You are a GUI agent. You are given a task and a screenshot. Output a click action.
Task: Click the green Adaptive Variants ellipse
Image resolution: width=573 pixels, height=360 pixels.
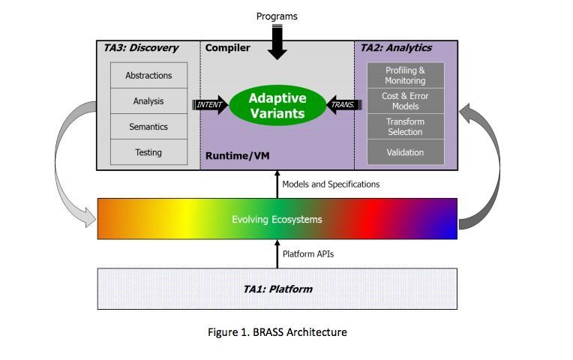tap(277, 106)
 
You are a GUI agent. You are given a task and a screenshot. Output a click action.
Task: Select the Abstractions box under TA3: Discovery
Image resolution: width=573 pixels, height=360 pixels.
tap(148, 76)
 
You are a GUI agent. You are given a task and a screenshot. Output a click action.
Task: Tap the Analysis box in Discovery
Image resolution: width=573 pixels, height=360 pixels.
tap(148, 101)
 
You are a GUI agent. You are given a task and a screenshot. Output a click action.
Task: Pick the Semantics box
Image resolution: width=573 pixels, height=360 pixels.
tap(148, 127)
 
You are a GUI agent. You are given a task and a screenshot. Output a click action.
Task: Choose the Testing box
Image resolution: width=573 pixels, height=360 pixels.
tap(148, 152)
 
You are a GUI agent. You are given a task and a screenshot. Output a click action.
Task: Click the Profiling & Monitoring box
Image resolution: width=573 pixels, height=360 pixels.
tap(405, 75)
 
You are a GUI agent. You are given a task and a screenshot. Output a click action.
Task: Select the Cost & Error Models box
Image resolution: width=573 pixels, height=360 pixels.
tap(405, 101)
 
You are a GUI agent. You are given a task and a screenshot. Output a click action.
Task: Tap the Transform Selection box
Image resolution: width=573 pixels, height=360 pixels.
tap(405, 127)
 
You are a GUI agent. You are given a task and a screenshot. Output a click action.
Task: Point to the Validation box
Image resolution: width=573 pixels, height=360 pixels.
tap(405, 152)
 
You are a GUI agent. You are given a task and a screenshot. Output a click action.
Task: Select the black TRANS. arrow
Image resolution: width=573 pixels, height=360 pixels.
tap(342, 105)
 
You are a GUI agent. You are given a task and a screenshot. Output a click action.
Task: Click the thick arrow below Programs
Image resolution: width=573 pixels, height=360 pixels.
tap(277, 43)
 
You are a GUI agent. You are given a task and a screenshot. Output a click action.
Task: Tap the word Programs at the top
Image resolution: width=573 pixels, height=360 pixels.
tap(277, 16)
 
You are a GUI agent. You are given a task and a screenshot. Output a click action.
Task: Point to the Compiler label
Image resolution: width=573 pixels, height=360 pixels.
tap(228, 49)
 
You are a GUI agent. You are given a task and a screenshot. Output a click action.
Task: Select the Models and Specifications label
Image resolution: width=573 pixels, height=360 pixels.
tap(331, 184)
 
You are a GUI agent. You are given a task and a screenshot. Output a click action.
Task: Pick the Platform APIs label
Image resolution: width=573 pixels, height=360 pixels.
tap(308, 253)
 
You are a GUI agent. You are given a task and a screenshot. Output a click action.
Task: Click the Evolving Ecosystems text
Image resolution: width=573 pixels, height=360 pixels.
tap(277, 219)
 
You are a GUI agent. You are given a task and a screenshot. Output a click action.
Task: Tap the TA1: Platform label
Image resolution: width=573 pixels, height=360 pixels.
tap(277, 289)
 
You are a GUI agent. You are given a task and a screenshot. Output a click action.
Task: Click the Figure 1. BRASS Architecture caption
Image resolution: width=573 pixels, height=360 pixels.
tap(277, 331)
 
